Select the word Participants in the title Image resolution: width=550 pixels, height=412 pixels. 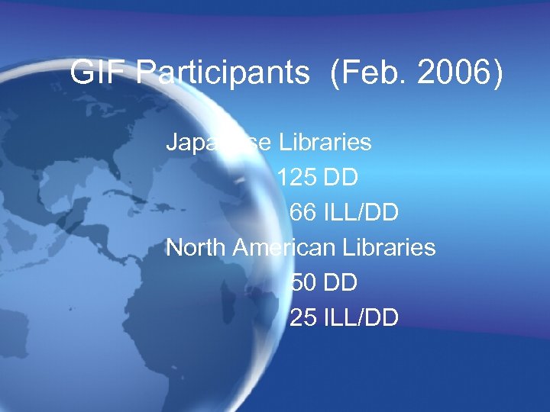click(x=225, y=74)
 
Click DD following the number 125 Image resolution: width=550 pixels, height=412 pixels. click(x=341, y=178)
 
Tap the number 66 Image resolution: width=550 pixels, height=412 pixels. click(x=302, y=213)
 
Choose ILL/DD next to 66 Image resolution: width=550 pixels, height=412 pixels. click(x=360, y=213)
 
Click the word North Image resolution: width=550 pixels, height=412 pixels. click(x=196, y=248)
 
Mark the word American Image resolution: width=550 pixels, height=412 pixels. click(x=283, y=248)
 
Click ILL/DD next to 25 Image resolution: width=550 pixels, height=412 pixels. click(x=360, y=318)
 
